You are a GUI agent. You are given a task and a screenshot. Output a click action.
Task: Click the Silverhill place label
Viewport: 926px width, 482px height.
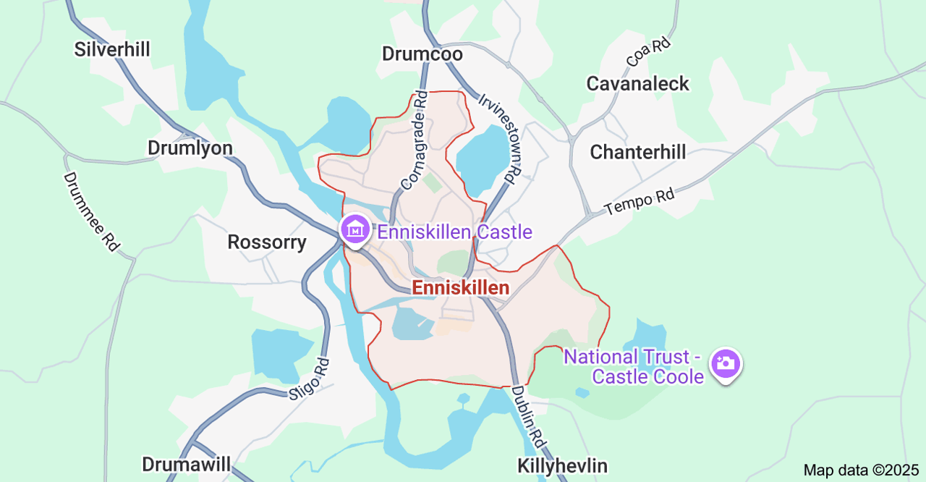tap(112, 49)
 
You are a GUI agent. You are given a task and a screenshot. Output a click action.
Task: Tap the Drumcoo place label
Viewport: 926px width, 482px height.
tap(422, 54)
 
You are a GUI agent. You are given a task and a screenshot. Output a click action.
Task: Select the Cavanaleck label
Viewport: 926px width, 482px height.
tap(637, 83)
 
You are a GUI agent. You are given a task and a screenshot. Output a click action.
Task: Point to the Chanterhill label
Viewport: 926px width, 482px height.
tap(637, 152)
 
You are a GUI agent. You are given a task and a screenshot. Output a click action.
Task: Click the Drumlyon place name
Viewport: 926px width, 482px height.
tap(190, 148)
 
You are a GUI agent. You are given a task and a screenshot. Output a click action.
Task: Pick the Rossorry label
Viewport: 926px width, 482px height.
tap(267, 242)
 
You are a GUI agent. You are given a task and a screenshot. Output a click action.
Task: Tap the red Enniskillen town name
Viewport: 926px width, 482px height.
tap(460, 287)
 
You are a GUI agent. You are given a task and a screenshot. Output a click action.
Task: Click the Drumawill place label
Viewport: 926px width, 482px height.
tap(186, 464)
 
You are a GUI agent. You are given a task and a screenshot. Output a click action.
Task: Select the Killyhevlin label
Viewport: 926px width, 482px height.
tap(562, 465)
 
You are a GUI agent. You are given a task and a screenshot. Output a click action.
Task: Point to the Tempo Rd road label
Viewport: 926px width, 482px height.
tap(640, 202)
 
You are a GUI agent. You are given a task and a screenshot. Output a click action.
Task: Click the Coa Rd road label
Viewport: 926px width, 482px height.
tap(649, 54)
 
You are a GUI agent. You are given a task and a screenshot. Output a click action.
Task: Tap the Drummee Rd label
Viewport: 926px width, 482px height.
tap(91, 211)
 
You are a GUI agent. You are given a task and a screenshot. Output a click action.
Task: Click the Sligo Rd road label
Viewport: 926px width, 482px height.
tap(309, 380)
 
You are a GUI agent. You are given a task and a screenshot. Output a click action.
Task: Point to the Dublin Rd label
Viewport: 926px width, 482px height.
tap(529, 415)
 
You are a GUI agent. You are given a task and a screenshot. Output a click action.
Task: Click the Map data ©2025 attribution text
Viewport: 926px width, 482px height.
tap(861, 470)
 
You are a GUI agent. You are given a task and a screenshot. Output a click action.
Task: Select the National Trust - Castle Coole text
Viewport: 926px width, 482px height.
tap(633, 366)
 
